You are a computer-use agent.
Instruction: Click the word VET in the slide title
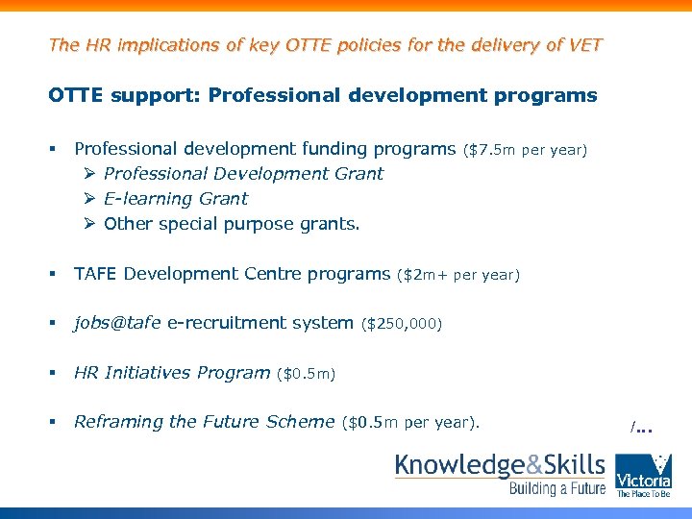tap(582, 44)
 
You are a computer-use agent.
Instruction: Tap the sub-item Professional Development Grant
tap(243, 174)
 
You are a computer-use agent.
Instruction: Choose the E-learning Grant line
tap(175, 199)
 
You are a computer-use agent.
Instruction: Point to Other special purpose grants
tap(232, 224)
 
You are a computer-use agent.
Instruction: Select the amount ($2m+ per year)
tap(457, 276)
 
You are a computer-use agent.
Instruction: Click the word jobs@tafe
tap(117, 323)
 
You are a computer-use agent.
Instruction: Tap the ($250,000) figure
tap(401, 324)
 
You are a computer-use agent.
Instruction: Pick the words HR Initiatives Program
tap(172, 372)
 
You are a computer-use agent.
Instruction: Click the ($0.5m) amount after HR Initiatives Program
tap(306, 373)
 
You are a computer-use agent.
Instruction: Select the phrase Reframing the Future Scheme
tap(204, 421)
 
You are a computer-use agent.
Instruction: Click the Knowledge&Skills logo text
tap(500, 466)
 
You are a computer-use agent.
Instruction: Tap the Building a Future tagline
tap(556, 489)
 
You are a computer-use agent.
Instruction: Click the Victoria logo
tap(643, 475)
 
